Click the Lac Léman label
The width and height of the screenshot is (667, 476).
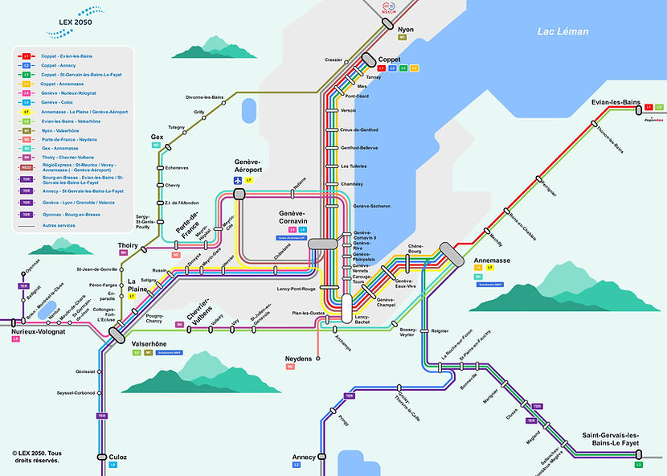pyautogui.click(x=563, y=32)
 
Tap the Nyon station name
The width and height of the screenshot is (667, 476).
pyautogui.click(x=406, y=29)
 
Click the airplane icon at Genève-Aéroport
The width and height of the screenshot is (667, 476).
pyautogui.click(x=239, y=181)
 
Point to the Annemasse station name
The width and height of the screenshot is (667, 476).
pyautogui.click(x=493, y=261)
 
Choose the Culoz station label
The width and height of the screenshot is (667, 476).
pyautogui.click(x=117, y=457)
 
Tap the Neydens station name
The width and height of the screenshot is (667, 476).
pyautogui.click(x=298, y=358)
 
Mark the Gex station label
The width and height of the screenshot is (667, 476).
pyautogui.click(x=157, y=137)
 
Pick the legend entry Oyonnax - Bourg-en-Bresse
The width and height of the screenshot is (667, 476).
pyautogui.click(x=71, y=215)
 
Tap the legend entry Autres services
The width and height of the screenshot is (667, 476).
pyautogui.click(x=58, y=226)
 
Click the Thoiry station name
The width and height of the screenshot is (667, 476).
pyautogui.click(x=128, y=244)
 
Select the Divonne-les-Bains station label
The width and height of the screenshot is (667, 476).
pyautogui.click(x=204, y=97)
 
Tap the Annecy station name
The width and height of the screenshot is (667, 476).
pyautogui.click(x=305, y=457)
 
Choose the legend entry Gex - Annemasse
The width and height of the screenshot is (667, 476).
pyautogui.click(x=60, y=149)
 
